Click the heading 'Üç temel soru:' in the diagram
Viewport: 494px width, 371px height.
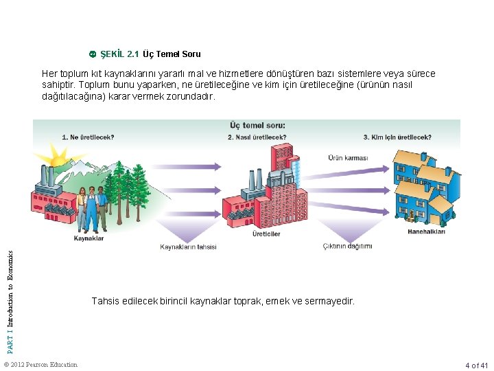(257, 126)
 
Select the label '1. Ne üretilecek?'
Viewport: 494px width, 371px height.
(88, 137)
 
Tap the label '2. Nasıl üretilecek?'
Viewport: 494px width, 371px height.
(257, 137)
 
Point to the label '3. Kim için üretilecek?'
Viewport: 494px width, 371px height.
(397, 137)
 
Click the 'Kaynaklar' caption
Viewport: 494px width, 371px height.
(89, 238)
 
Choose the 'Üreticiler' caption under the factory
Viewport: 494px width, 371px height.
(266, 234)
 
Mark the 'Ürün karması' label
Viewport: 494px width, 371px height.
(348, 157)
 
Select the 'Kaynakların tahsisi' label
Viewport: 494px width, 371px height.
(188, 247)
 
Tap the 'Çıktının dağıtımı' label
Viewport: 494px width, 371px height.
(348, 246)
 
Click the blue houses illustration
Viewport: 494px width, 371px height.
(422, 185)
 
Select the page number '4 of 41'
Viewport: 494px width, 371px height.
(475, 365)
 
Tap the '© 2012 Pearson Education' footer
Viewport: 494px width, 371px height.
(40, 364)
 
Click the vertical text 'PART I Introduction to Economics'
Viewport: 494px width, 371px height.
(10, 292)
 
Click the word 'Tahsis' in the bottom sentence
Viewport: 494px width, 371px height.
(105, 301)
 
